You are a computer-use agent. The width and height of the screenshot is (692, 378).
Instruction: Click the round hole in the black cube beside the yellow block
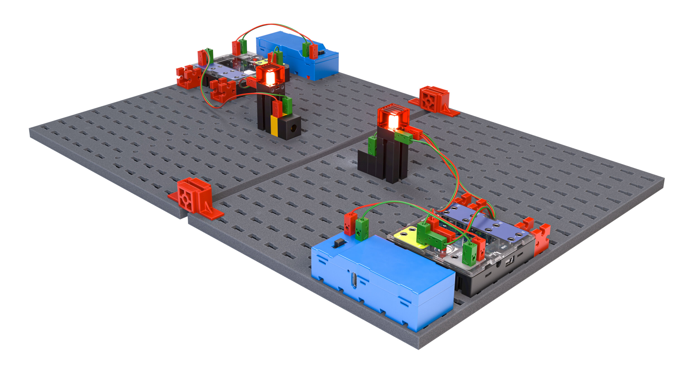[295, 127]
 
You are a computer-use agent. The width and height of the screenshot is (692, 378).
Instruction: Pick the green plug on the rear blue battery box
[306, 49]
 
